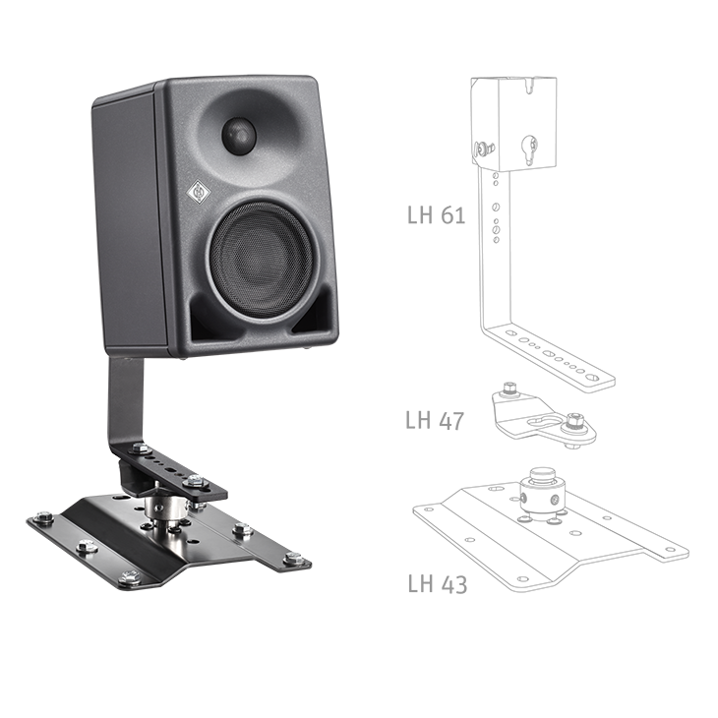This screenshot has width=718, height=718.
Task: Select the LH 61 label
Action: click(x=436, y=214)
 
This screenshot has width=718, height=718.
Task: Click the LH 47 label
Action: click(x=434, y=421)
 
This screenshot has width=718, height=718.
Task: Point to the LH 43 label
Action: click(x=436, y=584)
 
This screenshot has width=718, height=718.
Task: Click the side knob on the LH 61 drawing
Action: click(x=482, y=150)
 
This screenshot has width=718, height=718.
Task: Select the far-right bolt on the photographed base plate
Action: click(x=292, y=560)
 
